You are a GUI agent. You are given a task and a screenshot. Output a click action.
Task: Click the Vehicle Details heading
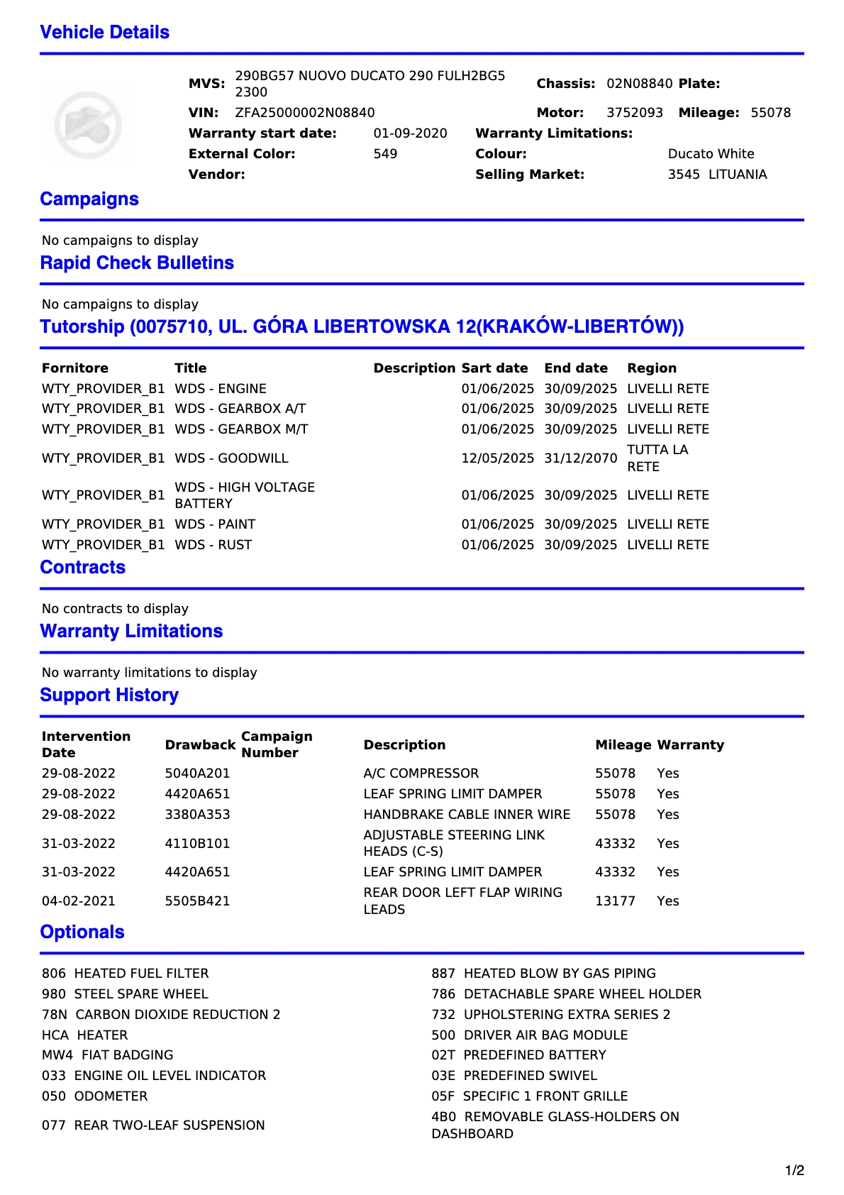(x=104, y=33)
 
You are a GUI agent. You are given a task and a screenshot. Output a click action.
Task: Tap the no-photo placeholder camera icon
(x=87, y=126)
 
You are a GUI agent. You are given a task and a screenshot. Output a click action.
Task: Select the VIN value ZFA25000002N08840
(x=305, y=113)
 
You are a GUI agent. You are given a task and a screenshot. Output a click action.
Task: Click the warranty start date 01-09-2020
(x=410, y=133)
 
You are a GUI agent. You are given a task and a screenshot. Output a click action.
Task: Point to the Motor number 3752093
(x=635, y=113)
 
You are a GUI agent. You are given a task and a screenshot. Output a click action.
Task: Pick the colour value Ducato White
(x=711, y=154)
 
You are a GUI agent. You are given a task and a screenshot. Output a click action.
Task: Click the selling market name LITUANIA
(x=738, y=175)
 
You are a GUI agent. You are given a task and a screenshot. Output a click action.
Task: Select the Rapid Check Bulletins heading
(x=137, y=263)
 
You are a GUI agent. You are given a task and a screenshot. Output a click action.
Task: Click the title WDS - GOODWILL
(x=231, y=458)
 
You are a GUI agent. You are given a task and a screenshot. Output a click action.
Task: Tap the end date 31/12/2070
(x=580, y=458)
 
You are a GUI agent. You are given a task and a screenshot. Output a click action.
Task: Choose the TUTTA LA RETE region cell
(x=657, y=458)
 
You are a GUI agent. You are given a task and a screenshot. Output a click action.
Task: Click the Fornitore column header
(x=75, y=368)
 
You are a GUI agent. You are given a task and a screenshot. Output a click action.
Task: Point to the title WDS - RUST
(x=213, y=545)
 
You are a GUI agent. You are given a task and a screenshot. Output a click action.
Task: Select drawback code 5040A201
(x=197, y=773)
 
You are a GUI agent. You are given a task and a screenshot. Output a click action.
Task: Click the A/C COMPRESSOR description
(x=421, y=773)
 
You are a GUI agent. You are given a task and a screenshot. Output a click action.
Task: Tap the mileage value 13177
(x=615, y=901)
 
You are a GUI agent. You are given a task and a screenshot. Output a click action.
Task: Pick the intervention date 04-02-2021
(x=78, y=901)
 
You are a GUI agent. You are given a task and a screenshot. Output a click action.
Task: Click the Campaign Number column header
(x=277, y=744)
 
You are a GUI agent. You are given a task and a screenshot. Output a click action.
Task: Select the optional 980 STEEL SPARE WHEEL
(x=125, y=994)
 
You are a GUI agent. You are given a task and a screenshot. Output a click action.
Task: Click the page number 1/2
(x=794, y=1171)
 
